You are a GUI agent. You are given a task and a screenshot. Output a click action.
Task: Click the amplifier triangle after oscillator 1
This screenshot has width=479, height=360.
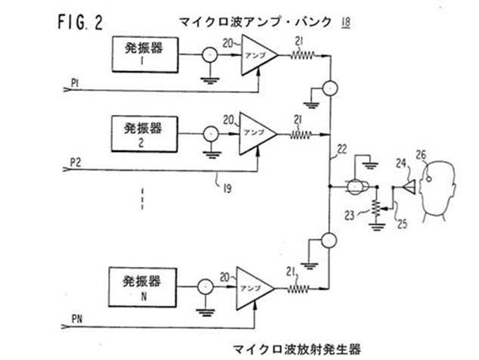pos(255,54)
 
